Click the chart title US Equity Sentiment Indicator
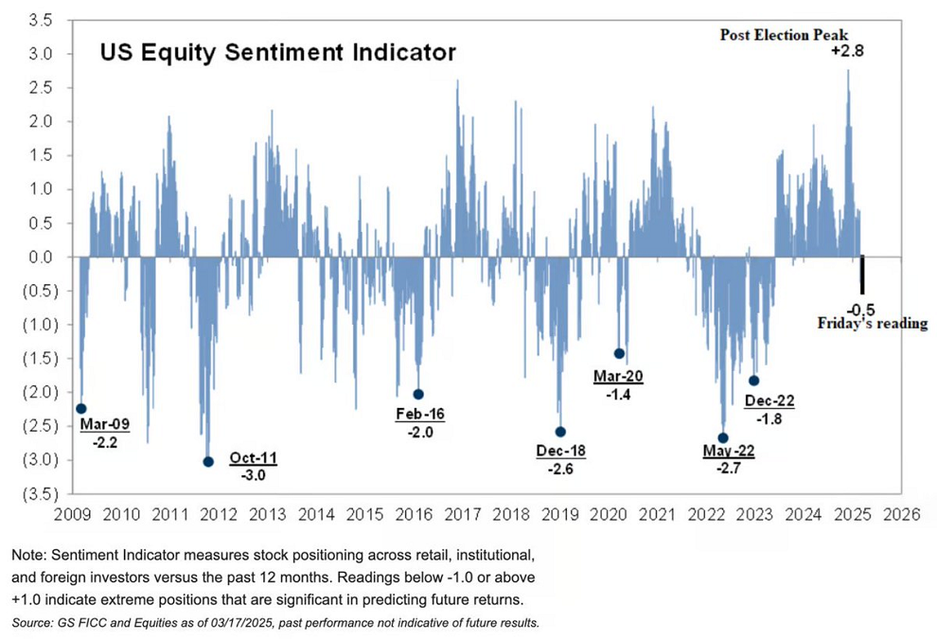pyautogui.click(x=278, y=52)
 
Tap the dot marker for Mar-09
pyautogui.click(x=81, y=409)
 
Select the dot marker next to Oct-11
pyautogui.click(x=208, y=462)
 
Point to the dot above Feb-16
pyautogui.click(x=418, y=394)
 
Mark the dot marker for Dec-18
pyautogui.click(x=560, y=432)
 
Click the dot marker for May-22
pyautogui.click(x=723, y=438)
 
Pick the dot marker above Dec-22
pyautogui.click(x=754, y=381)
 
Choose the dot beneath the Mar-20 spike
pyautogui.click(x=619, y=353)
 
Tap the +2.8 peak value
pyautogui.click(x=848, y=52)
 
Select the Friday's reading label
pyautogui.click(x=873, y=324)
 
